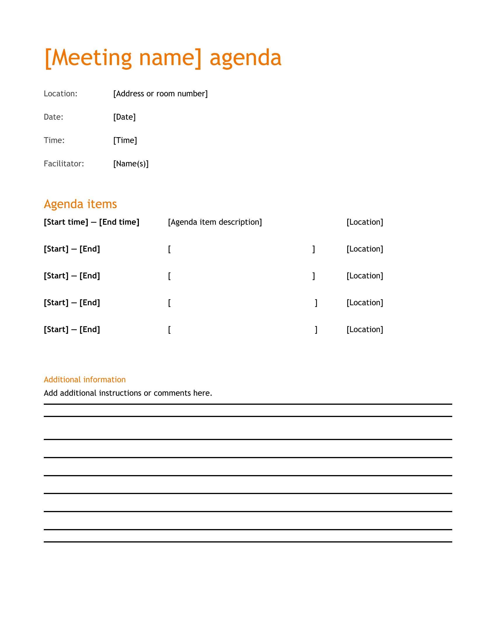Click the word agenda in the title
[x=245, y=58]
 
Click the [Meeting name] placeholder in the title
[x=123, y=58]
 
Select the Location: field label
[x=60, y=94]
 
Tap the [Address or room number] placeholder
[x=160, y=94]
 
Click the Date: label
[x=53, y=117]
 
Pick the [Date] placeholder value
[x=125, y=117]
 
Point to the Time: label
[x=54, y=140]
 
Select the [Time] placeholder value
[x=125, y=140]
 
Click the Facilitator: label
[x=64, y=164]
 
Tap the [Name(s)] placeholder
[x=131, y=164]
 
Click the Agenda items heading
[x=80, y=204]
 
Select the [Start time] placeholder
[x=66, y=222]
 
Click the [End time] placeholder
[x=119, y=222]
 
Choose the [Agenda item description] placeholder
[x=215, y=222]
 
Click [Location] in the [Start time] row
[x=365, y=222]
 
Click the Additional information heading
[x=85, y=379]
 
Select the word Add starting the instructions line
[x=51, y=393]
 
